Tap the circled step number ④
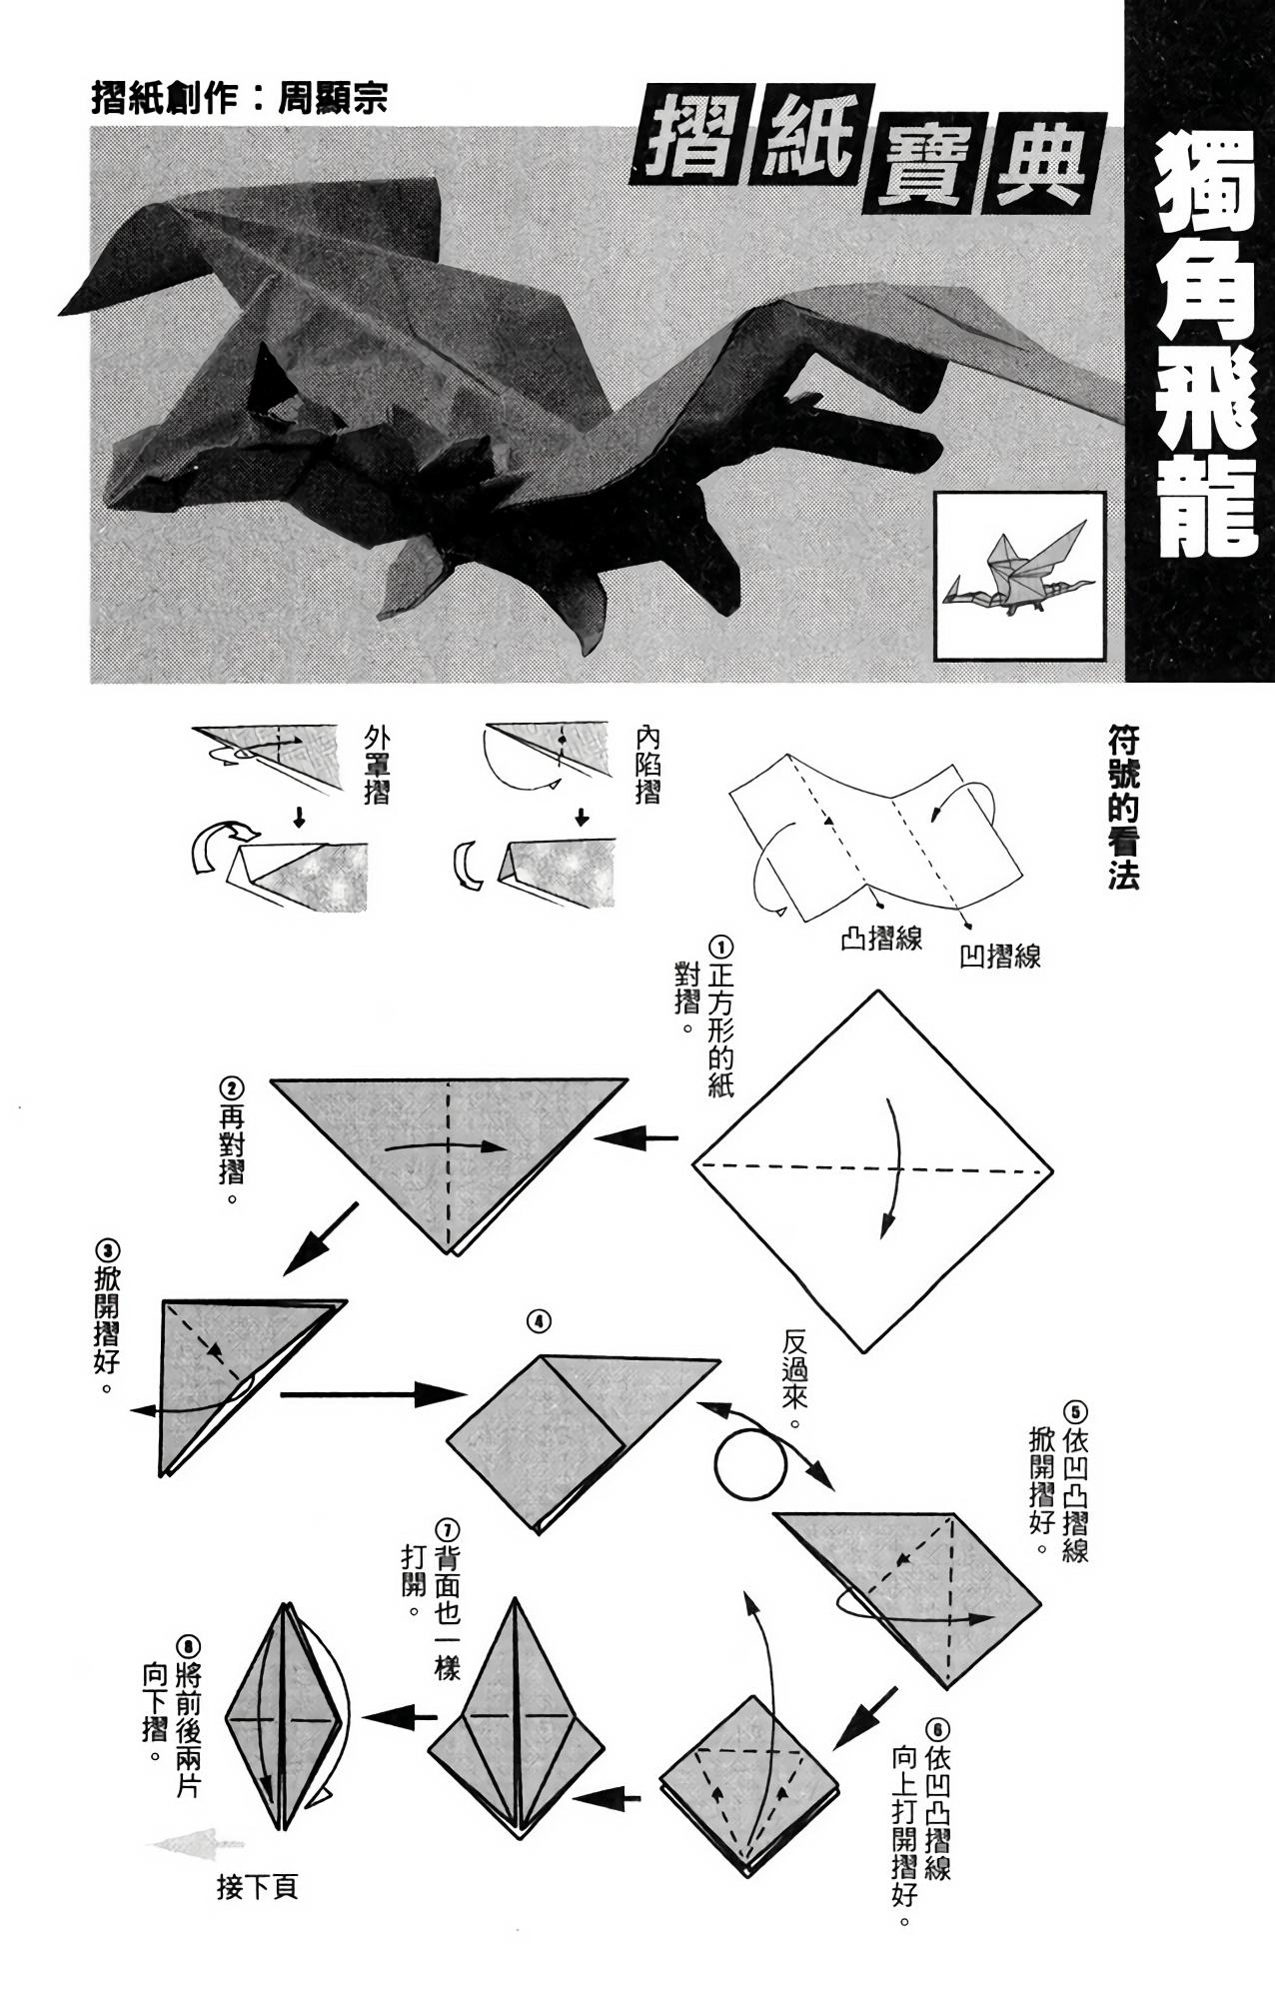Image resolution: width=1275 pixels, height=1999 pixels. tap(539, 1321)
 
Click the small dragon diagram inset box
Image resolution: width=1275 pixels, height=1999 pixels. tap(1020, 576)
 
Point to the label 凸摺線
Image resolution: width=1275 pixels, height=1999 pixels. tap(881, 939)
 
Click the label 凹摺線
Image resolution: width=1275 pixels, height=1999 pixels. tap(1000, 957)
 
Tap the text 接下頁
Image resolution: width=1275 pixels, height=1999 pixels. tap(257, 1887)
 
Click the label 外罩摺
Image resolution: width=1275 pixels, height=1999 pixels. tap(379, 766)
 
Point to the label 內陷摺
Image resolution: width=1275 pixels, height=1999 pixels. tap(647, 766)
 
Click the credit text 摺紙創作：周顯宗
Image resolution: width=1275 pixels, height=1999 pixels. tap(239, 98)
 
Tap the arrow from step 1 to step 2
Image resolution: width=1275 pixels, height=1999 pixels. tap(636, 1137)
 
